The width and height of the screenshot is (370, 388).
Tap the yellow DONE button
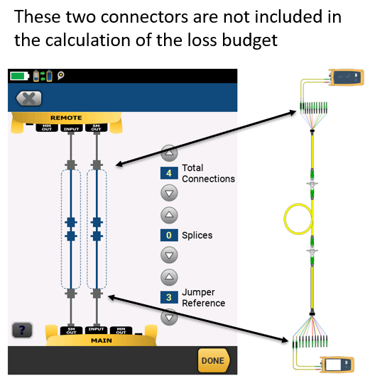[214, 360]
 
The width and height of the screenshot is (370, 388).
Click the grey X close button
[28, 99]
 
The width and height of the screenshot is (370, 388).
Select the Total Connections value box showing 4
[169, 173]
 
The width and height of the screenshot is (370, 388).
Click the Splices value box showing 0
[169, 235]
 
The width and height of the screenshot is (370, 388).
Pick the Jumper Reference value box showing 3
[169, 297]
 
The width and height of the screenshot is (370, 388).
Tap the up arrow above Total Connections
[169, 153]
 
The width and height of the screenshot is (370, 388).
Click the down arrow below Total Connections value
[169, 193]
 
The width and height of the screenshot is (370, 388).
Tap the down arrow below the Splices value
[169, 255]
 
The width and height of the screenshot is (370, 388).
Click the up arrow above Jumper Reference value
[169, 277]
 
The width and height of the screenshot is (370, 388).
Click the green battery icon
[20, 76]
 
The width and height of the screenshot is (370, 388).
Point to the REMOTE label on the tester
[66, 118]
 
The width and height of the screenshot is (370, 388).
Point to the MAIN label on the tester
[102, 340]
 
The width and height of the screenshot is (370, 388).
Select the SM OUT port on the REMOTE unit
[96, 128]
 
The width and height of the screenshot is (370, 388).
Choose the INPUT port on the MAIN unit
[96, 330]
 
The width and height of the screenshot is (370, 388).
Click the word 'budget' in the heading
[249, 40]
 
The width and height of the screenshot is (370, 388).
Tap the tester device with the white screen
[337, 365]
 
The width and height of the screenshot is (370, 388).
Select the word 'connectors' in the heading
[144, 17]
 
